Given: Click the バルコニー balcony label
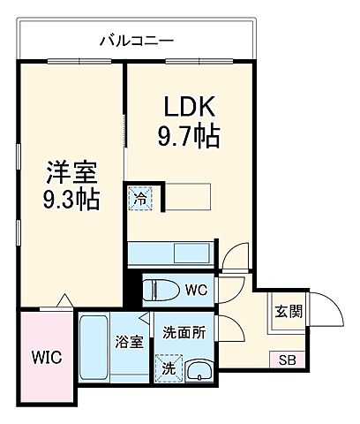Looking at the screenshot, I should point(135,41).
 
